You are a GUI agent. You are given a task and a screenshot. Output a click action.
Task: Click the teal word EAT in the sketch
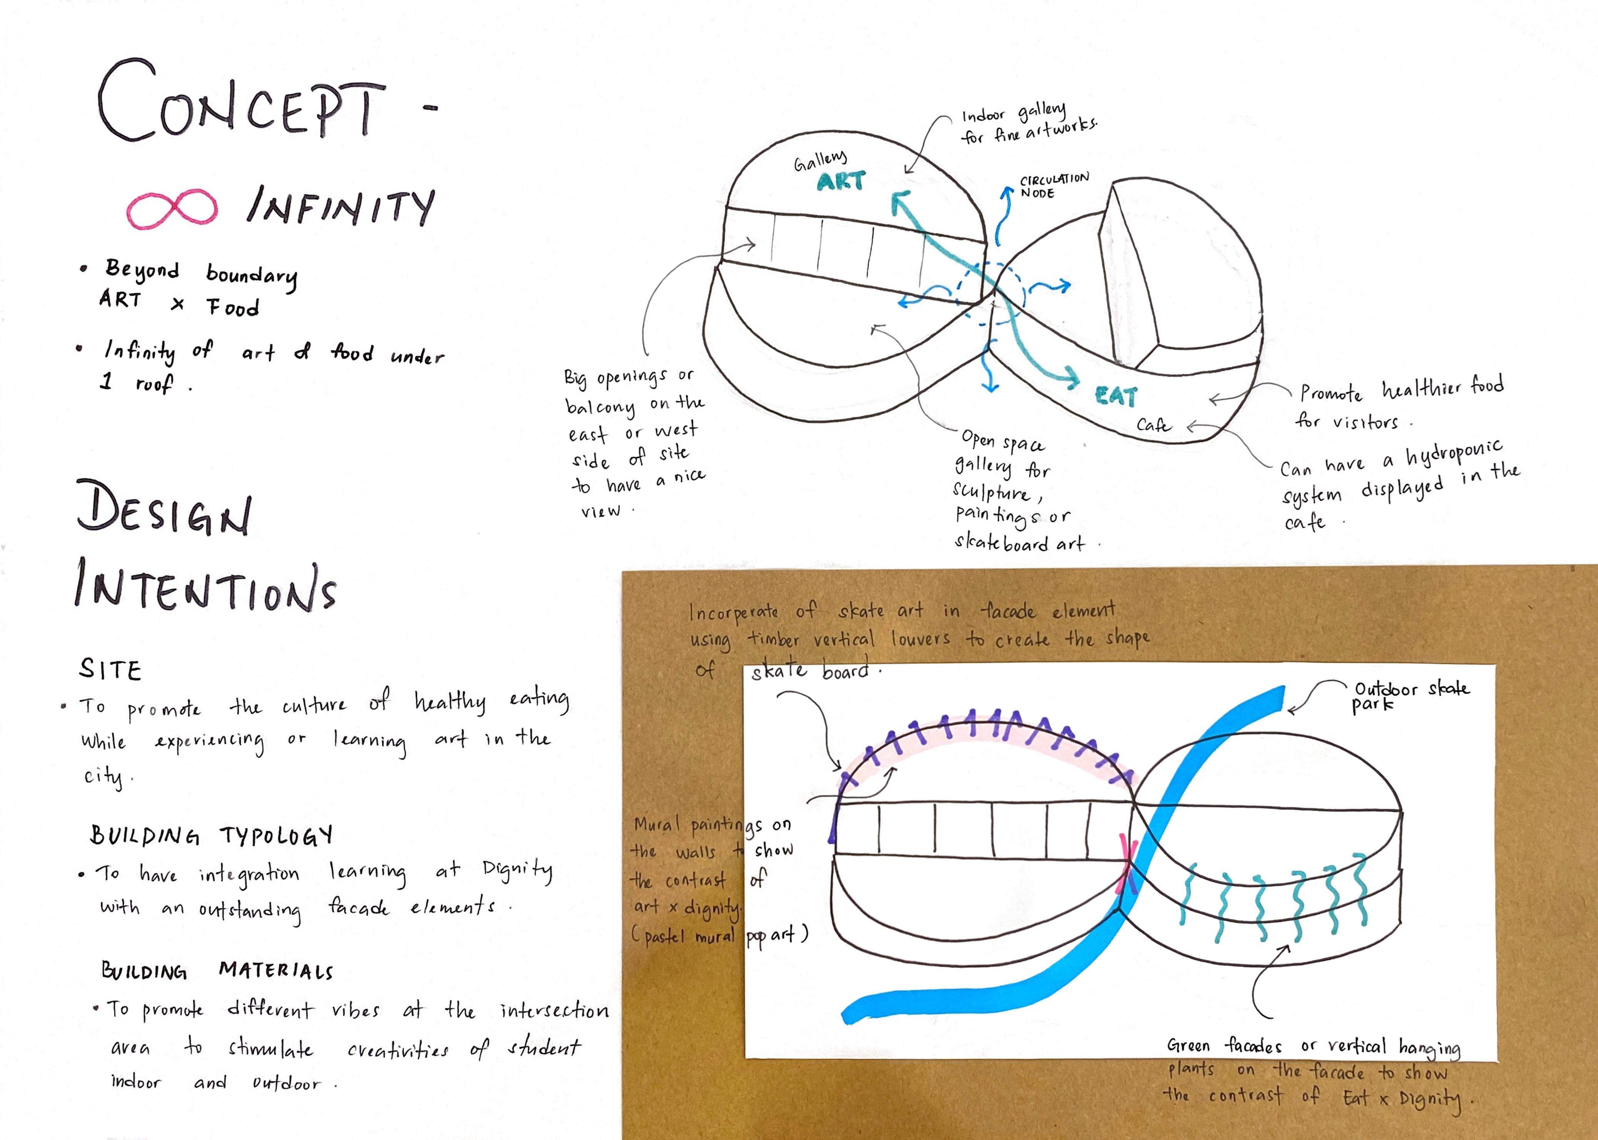[1116, 397]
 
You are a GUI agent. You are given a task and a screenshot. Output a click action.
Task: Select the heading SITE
[110, 669]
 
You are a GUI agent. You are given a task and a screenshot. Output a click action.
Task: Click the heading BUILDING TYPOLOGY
[211, 835]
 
